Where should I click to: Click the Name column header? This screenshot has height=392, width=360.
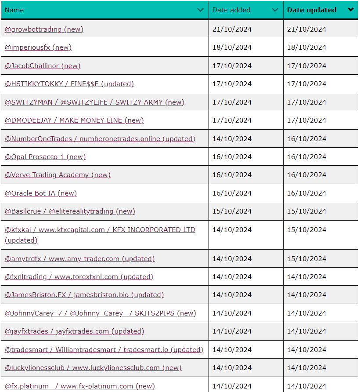click(x=14, y=10)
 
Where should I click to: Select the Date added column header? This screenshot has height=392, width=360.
click(x=231, y=10)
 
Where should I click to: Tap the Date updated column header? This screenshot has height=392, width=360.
click(x=312, y=10)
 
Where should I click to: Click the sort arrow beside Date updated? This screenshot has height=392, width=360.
click(x=350, y=10)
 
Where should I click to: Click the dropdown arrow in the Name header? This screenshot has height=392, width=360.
click(x=201, y=10)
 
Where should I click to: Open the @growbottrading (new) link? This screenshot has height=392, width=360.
click(x=44, y=29)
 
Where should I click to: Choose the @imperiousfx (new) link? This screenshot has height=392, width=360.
click(x=38, y=47)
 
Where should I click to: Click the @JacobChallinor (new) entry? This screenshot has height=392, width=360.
click(x=43, y=66)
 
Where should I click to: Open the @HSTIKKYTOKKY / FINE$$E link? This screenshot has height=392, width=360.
click(x=69, y=84)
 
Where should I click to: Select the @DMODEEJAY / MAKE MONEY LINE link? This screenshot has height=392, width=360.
click(x=74, y=120)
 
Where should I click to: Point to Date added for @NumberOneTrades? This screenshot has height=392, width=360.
click(x=232, y=139)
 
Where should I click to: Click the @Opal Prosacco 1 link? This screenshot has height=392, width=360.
click(x=45, y=157)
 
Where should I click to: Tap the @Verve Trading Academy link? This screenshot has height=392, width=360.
click(x=58, y=175)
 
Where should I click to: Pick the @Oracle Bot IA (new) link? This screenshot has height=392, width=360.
click(x=41, y=193)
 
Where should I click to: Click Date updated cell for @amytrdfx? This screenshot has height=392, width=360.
click(x=306, y=259)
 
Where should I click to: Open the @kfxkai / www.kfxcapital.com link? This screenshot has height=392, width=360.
click(x=100, y=230)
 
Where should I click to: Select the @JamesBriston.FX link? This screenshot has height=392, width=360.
click(x=84, y=295)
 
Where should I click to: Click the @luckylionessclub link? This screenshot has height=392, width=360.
click(x=93, y=368)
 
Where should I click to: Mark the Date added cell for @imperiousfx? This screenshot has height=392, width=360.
click(x=232, y=47)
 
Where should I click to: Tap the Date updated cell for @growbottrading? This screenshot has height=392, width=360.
click(x=306, y=29)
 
